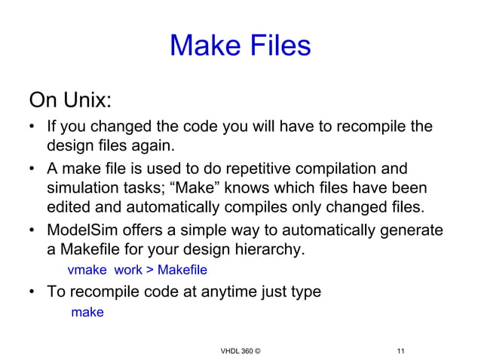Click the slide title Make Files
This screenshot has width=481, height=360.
click(x=240, y=46)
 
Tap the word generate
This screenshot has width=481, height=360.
click(x=407, y=230)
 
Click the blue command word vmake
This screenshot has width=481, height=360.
click(x=87, y=270)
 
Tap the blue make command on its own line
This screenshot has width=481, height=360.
click(x=87, y=312)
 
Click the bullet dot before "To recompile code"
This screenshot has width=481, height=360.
click(x=34, y=292)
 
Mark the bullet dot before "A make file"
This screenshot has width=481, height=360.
click(x=34, y=168)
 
